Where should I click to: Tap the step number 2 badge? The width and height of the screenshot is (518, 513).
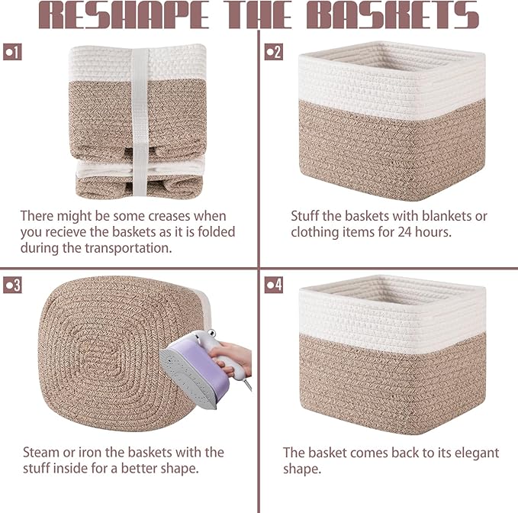pyautogui.click(x=273, y=52)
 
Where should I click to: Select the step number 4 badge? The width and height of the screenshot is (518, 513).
pyautogui.click(x=273, y=285)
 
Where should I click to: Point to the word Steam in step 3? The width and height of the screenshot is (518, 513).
pyautogui.click(x=40, y=452)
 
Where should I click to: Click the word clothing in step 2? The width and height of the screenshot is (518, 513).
pyautogui.click(x=316, y=231)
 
